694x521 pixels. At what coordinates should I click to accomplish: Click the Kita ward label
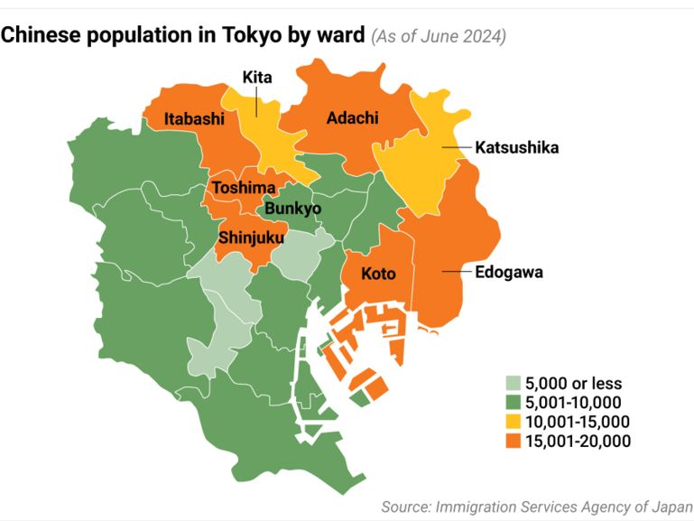[x=257, y=79]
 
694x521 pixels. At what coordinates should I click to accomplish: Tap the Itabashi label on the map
[x=194, y=118]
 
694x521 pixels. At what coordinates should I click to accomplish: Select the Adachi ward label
[x=352, y=118]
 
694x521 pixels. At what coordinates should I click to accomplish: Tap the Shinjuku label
[x=251, y=238]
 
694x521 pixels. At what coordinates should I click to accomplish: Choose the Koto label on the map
[x=378, y=274]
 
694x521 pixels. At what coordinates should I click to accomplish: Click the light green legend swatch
[x=513, y=383]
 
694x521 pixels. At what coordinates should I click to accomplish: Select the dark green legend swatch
[x=513, y=402]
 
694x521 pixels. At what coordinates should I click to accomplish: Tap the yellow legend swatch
[x=513, y=422]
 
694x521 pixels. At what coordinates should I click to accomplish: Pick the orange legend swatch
[x=513, y=441]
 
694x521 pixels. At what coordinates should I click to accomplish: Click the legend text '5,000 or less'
[x=573, y=383]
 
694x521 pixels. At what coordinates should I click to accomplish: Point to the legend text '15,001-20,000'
[x=578, y=441]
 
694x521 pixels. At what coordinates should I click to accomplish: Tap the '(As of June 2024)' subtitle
[x=439, y=37]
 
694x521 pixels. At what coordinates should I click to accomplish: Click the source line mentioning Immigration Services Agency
[x=537, y=507]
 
